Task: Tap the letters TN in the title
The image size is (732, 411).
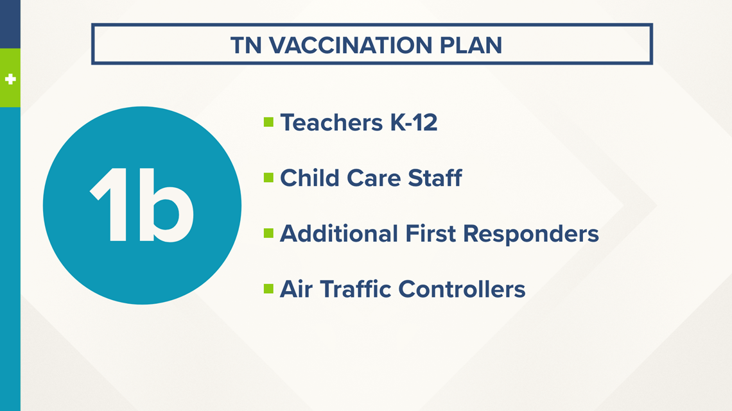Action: (x=246, y=45)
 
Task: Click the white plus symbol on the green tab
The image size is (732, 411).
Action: (x=10, y=80)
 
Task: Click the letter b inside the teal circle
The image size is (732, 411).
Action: (x=166, y=205)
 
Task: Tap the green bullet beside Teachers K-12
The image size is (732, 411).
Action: (x=268, y=122)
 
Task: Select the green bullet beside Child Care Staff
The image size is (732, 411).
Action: (x=268, y=178)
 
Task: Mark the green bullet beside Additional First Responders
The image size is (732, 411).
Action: (x=268, y=233)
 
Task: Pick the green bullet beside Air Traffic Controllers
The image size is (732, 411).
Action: (x=268, y=289)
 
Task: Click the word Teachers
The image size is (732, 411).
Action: (x=331, y=122)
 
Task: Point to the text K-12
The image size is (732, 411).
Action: (x=414, y=122)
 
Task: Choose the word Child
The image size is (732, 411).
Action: (x=309, y=178)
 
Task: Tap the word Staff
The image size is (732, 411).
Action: (x=435, y=178)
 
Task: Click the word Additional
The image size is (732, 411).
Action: (x=338, y=233)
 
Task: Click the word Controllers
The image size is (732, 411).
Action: (x=462, y=289)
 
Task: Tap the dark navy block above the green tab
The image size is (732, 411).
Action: (x=10, y=24)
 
